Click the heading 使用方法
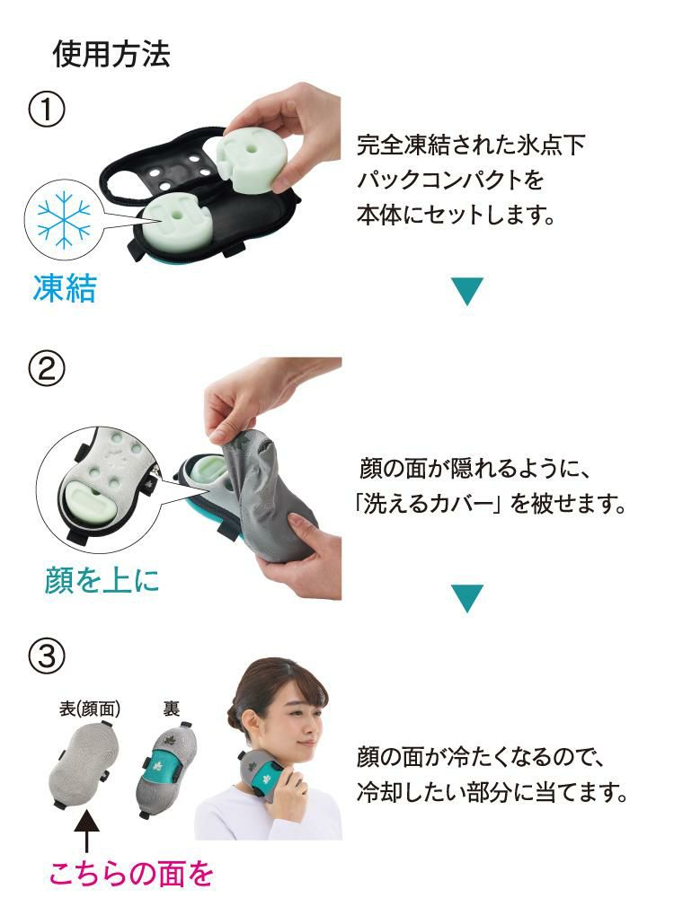(111, 56)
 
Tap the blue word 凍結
(65, 289)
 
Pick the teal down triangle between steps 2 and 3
(466, 598)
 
